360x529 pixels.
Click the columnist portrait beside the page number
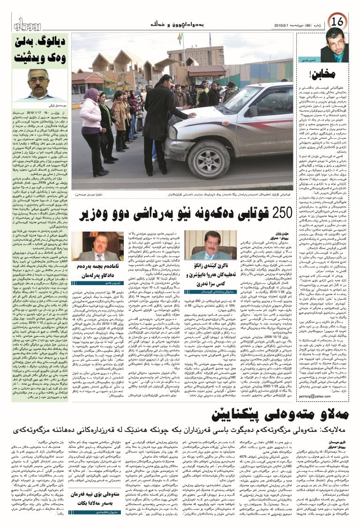click(x=335, y=47)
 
